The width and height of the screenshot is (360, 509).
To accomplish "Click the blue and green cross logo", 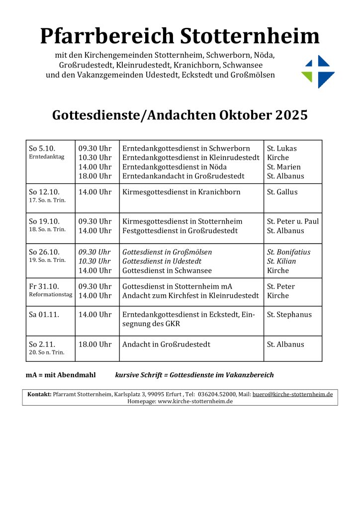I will pos(318,72).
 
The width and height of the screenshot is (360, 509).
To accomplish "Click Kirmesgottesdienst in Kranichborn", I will pos(181,192).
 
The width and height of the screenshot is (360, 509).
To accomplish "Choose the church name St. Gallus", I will pos(282,192).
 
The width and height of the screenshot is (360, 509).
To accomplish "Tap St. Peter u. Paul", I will pos(293,221).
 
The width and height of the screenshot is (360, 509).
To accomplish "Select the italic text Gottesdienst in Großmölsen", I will pos(167,252).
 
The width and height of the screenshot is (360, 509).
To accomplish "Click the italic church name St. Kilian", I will pos(281,261).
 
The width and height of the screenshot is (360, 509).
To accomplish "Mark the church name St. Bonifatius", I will pos(288,252).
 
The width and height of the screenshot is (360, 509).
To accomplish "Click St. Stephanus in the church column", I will pos(289,315).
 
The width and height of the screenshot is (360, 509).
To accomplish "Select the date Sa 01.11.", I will pos(44,315).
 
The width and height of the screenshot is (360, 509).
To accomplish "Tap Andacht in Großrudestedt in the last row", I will pos(167,344).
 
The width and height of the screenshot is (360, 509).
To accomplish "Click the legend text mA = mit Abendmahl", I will pos(61,375).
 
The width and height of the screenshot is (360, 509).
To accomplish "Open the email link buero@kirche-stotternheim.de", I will pos(292,394).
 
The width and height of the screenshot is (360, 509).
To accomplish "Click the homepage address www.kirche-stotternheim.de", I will pos(195,401).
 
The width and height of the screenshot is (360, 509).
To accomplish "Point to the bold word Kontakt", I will pos(39,394).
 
